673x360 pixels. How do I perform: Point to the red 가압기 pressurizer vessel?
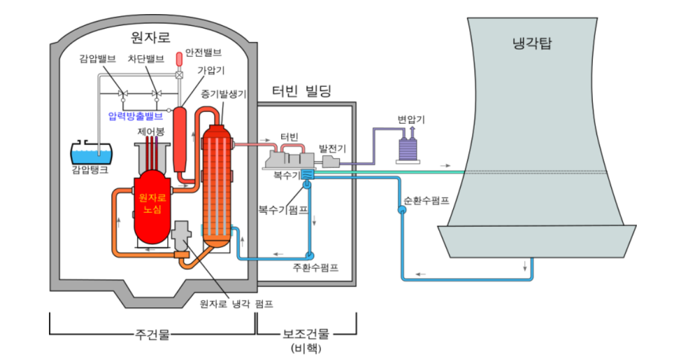click(179, 140)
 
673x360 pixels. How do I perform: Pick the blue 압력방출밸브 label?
click(135, 115)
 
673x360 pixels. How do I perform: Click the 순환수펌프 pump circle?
click(402, 210)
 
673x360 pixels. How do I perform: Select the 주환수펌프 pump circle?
click(309, 253)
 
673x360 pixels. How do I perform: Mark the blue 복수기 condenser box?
click(308, 176)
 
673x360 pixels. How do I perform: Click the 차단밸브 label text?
click(146, 59)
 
